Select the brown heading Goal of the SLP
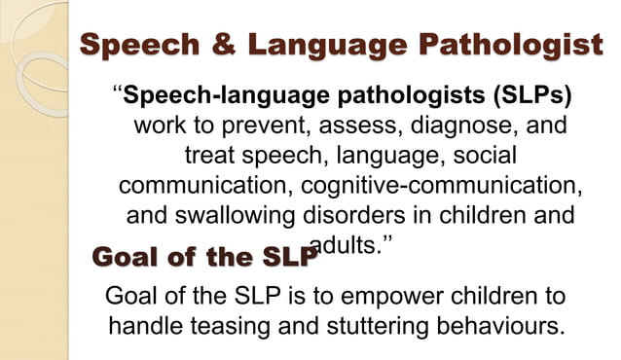[x=204, y=258]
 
